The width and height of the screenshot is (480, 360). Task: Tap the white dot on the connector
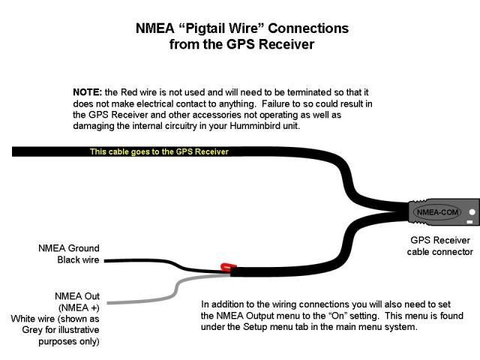tap(471, 210)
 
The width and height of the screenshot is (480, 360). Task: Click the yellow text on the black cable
tap(159, 151)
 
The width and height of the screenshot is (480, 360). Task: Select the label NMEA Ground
tap(69, 248)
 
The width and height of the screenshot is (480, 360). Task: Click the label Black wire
tap(78, 260)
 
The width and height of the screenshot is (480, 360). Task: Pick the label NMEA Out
tap(77, 296)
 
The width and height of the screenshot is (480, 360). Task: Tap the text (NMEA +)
tap(78, 307)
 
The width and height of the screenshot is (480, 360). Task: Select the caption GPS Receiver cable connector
tap(439, 246)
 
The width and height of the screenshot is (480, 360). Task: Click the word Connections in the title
tap(308, 28)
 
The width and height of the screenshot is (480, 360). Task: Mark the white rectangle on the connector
tap(470, 222)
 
